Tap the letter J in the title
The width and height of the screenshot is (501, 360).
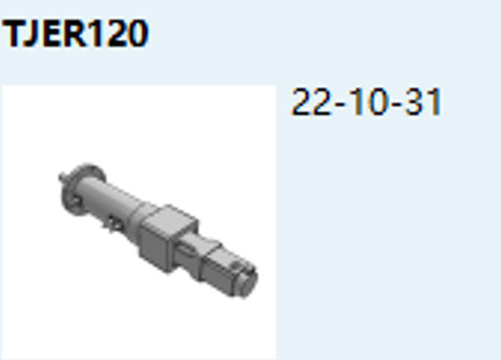click(33, 35)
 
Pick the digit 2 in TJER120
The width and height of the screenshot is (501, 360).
click(115, 35)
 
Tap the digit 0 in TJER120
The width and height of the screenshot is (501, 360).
click(136, 35)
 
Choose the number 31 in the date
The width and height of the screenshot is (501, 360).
click(421, 103)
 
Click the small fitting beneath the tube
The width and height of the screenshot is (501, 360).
click(111, 225)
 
